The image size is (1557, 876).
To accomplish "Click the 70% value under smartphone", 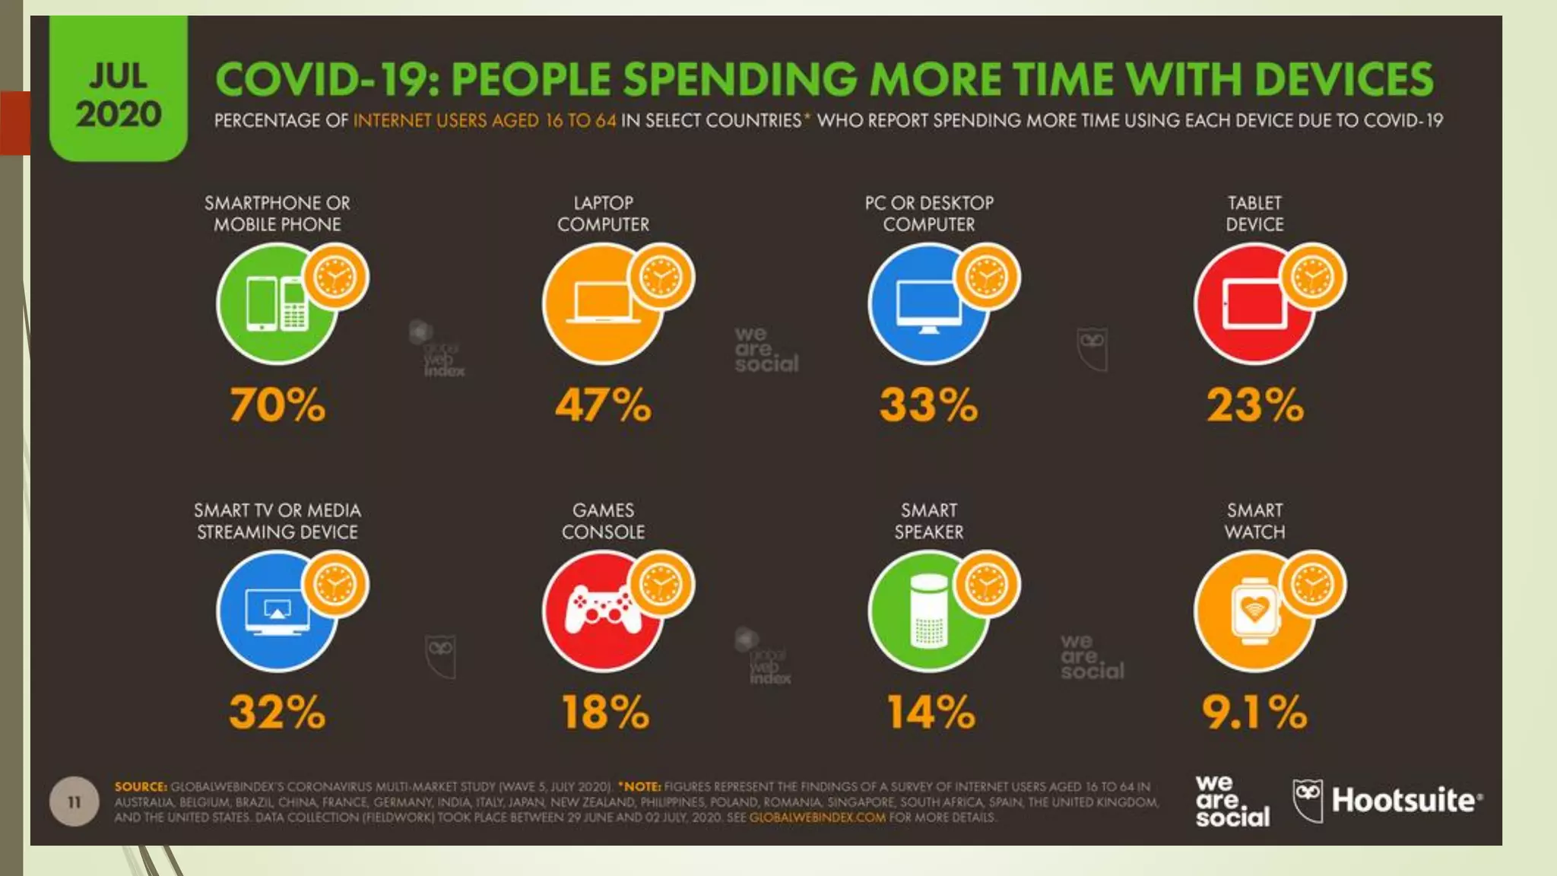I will click(277, 405).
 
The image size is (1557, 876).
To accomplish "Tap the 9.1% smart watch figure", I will click(1254, 713).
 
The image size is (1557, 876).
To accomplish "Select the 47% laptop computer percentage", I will click(603, 405).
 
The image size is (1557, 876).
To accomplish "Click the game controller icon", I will click(601, 610).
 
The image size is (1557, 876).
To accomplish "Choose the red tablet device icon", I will click(1253, 304).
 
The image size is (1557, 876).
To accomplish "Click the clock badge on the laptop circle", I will click(661, 276).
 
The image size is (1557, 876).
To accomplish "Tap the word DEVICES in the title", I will click(1343, 80).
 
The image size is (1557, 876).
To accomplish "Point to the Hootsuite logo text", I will click(1405, 800).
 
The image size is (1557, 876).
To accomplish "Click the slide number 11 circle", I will click(74, 801).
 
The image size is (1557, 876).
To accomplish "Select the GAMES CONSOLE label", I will click(603, 521).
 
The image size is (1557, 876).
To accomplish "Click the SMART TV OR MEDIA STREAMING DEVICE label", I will click(277, 521).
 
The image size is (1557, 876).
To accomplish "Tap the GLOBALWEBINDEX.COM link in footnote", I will click(817, 817).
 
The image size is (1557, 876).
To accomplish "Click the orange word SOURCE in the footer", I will click(141, 787).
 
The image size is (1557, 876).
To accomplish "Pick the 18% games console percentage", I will click(605, 713).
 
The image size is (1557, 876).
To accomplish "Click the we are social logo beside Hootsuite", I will click(1232, 801).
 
